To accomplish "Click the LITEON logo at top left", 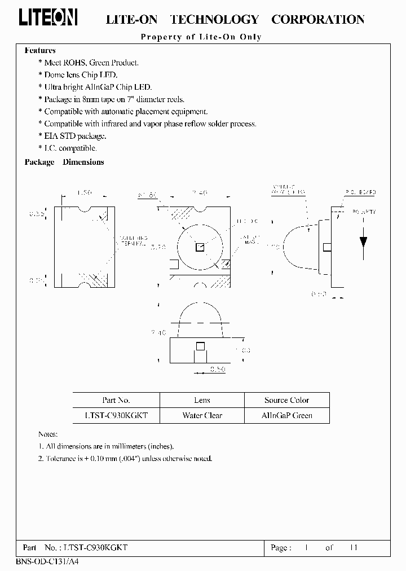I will click(x=48, y=18).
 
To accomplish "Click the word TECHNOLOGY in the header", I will click(x=214, y=20).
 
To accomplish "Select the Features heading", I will click(x=40, y=51).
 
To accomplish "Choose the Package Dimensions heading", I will click(x=64, y=162).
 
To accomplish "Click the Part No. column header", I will click(x=116, y=400).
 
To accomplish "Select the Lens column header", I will click(x=202, y=400).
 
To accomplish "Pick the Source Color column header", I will click(x=286, y=400).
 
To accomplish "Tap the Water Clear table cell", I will click(x=202, y=415).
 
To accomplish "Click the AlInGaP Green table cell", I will click(x=286, y=415).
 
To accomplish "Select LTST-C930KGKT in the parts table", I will click(x=116, y=415).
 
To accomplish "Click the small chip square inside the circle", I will click(x=200, y=247).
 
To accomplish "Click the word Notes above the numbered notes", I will click(x=48, y=434).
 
